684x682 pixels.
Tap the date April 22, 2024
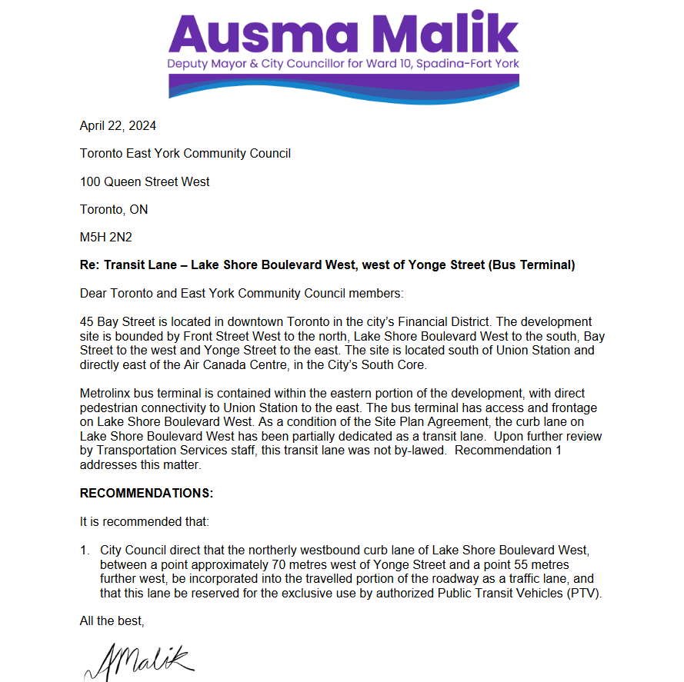click(118, 125)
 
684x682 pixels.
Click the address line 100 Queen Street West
click(145, 181)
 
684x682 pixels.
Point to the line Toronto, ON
click(114, 209)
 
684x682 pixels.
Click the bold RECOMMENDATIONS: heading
click(146, 492)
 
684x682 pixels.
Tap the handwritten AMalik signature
click(138, 660)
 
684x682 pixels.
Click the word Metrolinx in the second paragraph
click(105, 394)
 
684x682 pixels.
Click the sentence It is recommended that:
click(145, 521)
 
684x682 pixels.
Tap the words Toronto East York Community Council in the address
click(185, 153)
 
